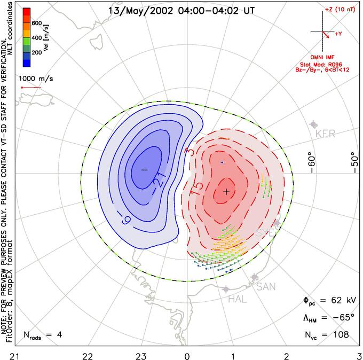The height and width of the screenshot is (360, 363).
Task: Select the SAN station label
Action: click(x=266, y=287)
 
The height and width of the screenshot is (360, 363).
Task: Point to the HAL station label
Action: click(x=237, y=299)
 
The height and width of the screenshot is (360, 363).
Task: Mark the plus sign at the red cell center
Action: click(x=226, y=191)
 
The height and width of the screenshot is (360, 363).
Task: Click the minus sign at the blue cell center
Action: click(x=144, y=169)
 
